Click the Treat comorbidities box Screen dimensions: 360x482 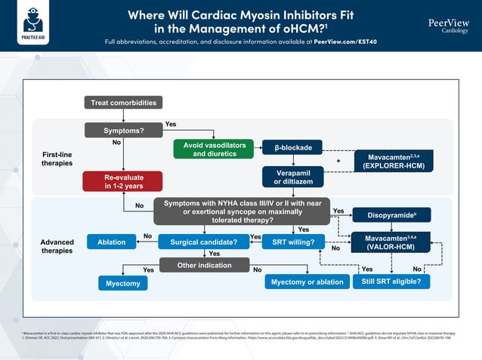tap(123, 103)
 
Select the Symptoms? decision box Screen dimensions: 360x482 tap(123, 131)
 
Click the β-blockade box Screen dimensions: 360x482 tap(292, 147)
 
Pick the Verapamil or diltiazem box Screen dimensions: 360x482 tap(292, 177)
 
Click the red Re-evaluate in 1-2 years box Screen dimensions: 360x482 tap(123, 181)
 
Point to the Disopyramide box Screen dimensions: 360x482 tap(391, 215)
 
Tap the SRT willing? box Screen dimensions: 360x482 tap(293, 242)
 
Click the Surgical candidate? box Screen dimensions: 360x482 tap(203, 242)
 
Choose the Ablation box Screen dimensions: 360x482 tap(112, 242)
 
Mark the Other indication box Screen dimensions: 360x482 tap(203, 265)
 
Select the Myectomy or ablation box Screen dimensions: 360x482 tap(303, 282)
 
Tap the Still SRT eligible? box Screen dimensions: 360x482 tap(391, 282)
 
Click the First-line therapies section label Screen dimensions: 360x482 tap(57, 158)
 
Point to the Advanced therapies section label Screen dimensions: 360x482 tap(57, 247)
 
